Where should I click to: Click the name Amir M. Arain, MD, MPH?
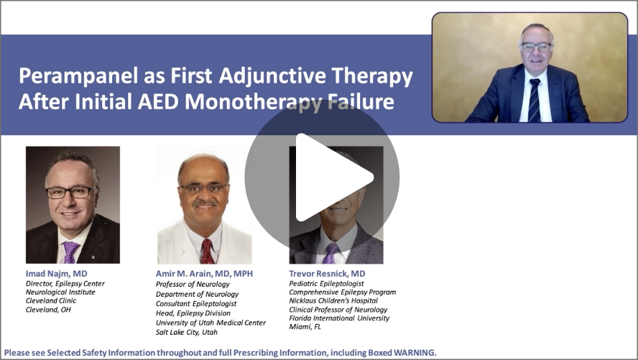[x=204, y=274]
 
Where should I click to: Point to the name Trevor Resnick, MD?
[x=327, y=274]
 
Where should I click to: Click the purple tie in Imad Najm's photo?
[x=70, y=251]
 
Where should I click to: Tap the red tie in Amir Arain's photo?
[x=207, y=251]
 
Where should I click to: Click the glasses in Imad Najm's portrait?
[x=70, y=192]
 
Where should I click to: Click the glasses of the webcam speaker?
[x=537, y=47]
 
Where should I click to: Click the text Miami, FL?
[x=305, y=327]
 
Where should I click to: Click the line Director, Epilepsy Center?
[x=64, y=283]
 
